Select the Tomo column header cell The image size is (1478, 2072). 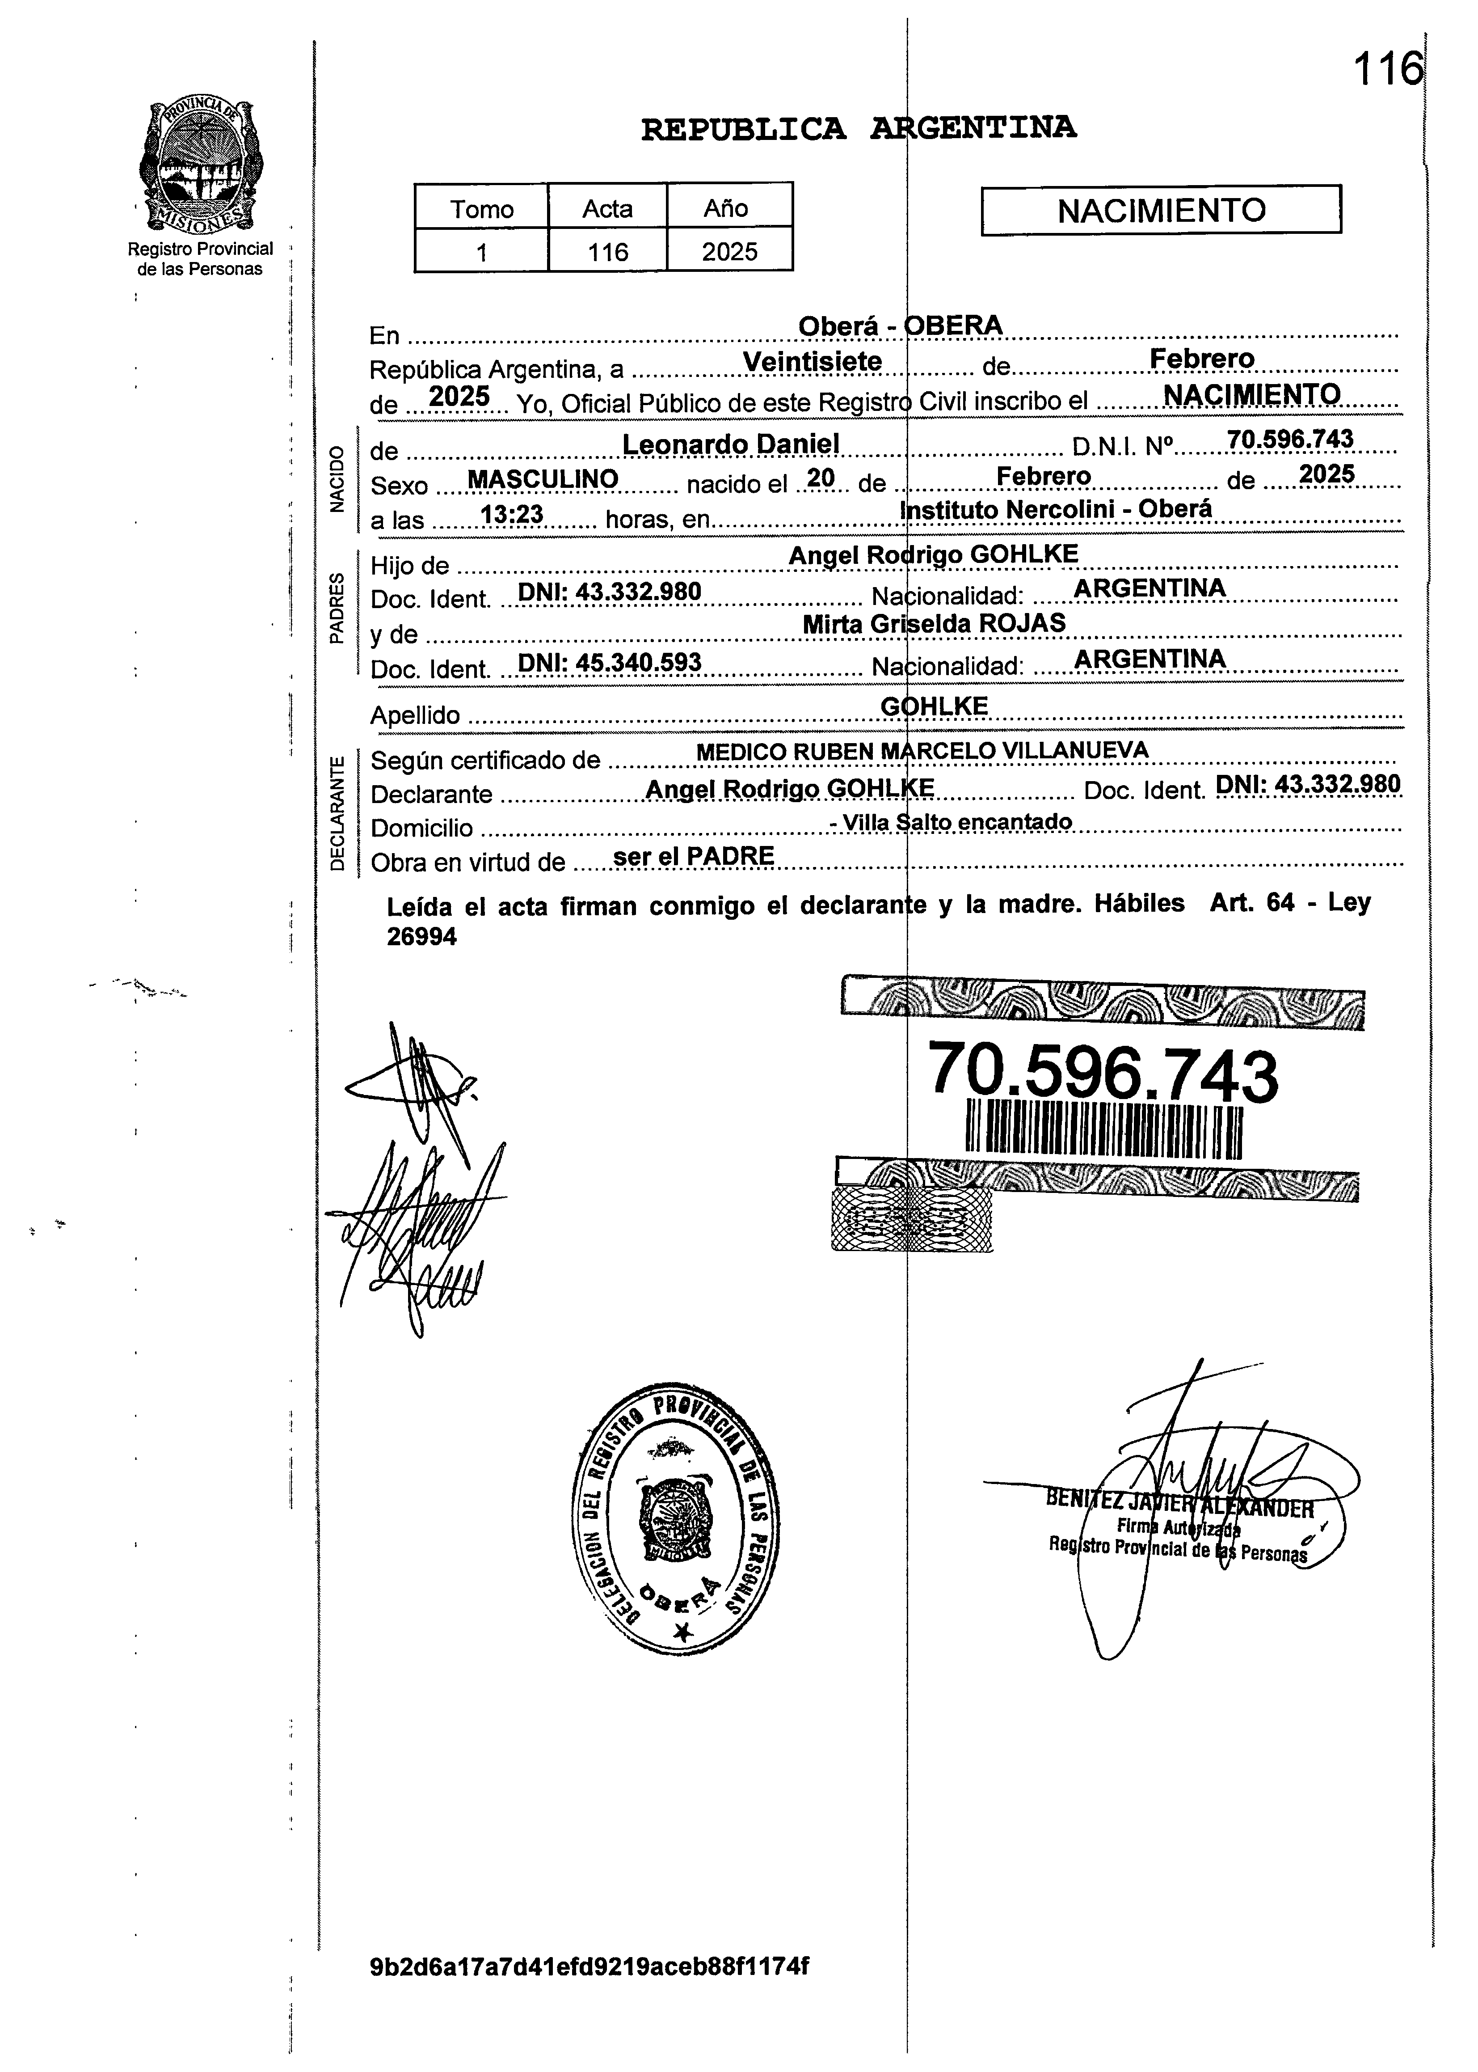481,208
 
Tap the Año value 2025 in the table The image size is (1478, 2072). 729,251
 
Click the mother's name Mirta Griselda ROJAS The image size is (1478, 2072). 934,624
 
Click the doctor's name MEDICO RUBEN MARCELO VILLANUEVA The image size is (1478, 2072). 921,751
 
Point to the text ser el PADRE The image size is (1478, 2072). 694,856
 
